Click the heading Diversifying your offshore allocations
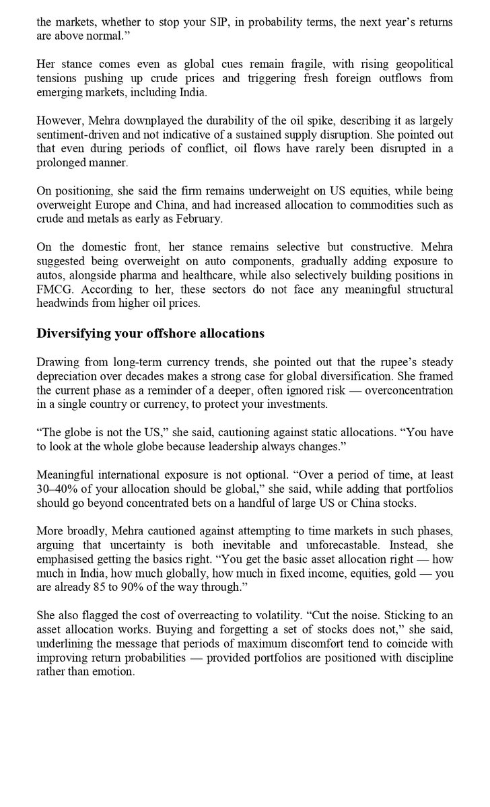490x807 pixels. [x=150, y=333]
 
